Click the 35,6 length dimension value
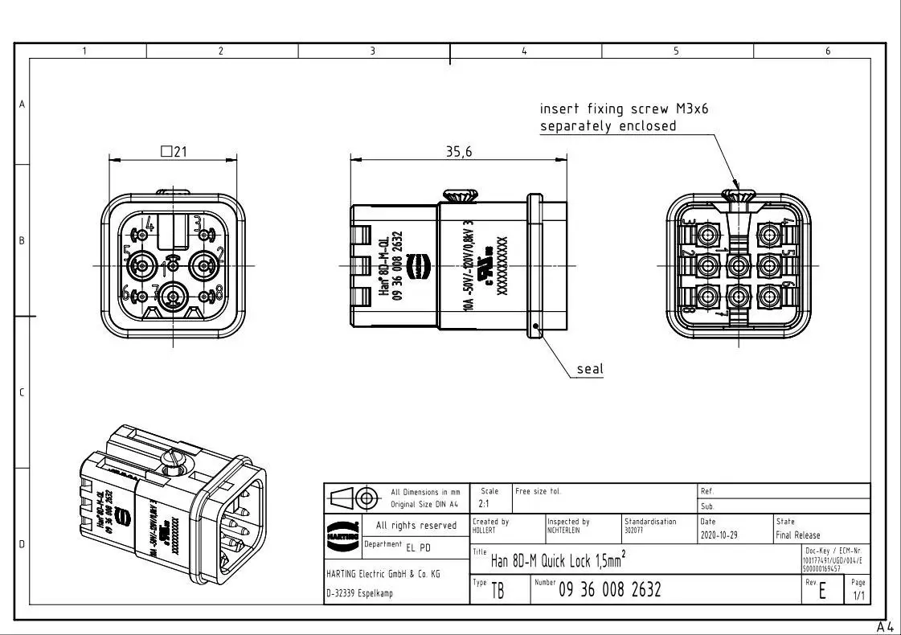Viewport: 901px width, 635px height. point(459,152)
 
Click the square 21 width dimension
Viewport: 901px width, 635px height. point(174,151)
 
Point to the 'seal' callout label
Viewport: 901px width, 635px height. point(589,369)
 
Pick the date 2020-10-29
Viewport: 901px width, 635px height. point(719,535)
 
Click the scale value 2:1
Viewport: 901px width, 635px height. point(485,505)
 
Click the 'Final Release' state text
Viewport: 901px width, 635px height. point(798,535)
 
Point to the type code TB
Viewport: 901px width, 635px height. point(498,592)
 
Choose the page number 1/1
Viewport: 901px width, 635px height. point(858,596)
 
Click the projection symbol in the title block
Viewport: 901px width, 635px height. point(354,498)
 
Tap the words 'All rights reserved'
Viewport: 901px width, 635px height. point(416,526)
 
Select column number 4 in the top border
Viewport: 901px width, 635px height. point(524,51)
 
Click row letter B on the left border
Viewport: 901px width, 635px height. point(23,240)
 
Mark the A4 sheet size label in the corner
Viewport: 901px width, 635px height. point(885,626)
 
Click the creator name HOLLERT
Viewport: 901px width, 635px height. point(485,531)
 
